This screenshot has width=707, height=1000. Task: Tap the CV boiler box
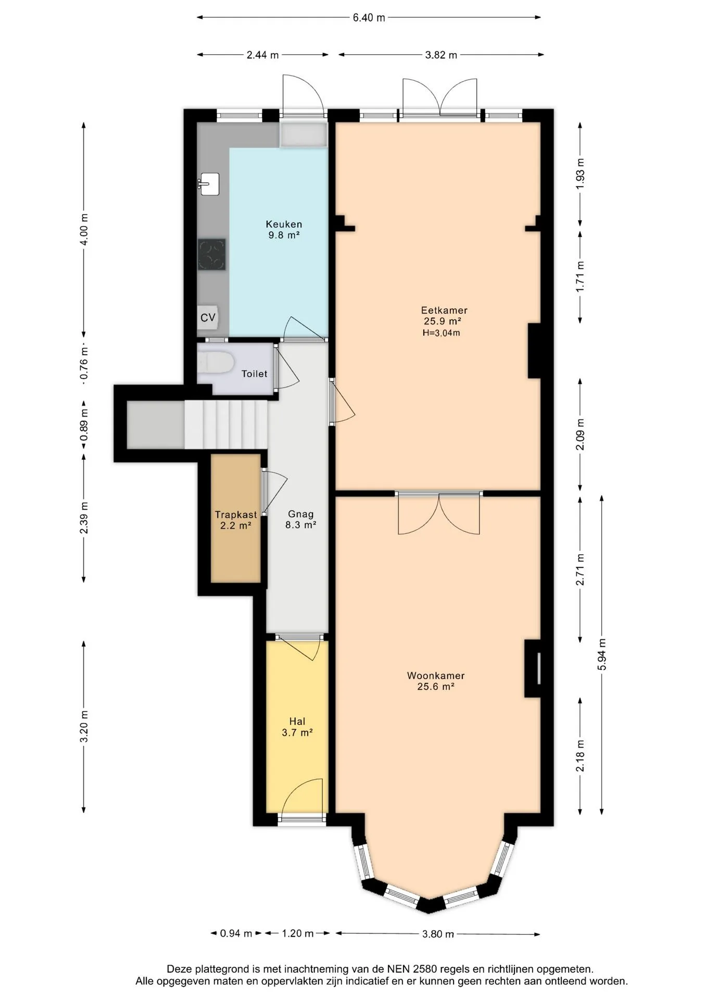208,317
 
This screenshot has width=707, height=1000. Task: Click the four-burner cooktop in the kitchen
211,254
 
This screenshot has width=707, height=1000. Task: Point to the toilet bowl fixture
216,362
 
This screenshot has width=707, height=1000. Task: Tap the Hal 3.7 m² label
297,727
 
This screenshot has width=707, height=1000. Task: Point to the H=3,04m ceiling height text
441,333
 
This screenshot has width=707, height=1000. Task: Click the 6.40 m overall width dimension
369,18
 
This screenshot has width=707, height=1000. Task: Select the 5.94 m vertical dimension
602,654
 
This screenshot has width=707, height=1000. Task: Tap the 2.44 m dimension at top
262,55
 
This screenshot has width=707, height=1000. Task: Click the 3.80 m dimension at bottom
438,934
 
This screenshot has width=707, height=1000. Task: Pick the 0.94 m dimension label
236,933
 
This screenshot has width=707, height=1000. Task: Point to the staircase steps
226,424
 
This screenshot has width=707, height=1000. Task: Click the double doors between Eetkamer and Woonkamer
439,513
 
